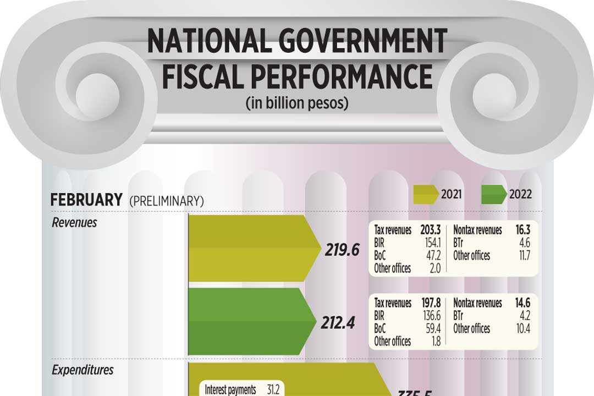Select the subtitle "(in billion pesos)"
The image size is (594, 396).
click(x=297, y=103)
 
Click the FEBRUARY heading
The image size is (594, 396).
click(x=86, y=200)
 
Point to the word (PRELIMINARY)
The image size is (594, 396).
click(x=166, y=201)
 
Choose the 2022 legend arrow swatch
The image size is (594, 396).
click(x=493, y=194)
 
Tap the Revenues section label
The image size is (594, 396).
click(x=74, y=223)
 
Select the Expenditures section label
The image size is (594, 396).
click(x=82, y=370)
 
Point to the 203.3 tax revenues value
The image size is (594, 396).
click(x=431, y=230)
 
